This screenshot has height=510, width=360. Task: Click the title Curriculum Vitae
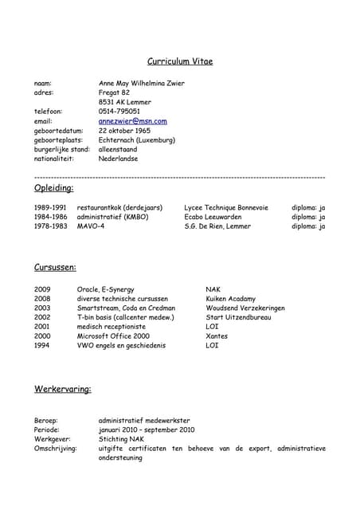coord(180,61)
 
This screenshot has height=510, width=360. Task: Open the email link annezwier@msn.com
coord(132,121)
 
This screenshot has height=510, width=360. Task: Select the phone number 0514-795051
coord(119,112)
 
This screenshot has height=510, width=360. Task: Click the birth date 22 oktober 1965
coord(124,131)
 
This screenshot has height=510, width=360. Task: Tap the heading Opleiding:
coord(54,188)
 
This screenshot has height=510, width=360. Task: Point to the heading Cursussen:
coord(55,268)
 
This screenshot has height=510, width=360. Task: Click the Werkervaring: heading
coord(62,390)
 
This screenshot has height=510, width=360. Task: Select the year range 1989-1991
coord(51,207)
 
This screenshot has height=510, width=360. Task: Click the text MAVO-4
coord(90,226)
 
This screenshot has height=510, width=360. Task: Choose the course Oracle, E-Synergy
coord(106,289)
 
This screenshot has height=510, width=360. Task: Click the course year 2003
coord(42,308)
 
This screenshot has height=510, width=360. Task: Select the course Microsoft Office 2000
coord(113,336)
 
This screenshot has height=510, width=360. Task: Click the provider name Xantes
coord(217,336)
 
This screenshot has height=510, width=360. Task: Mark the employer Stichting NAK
coord(121,439)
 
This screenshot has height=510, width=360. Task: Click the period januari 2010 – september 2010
coord(147,430)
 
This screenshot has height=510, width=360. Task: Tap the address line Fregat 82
coord(114,92)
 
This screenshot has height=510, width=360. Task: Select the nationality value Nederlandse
coord(118,159)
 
